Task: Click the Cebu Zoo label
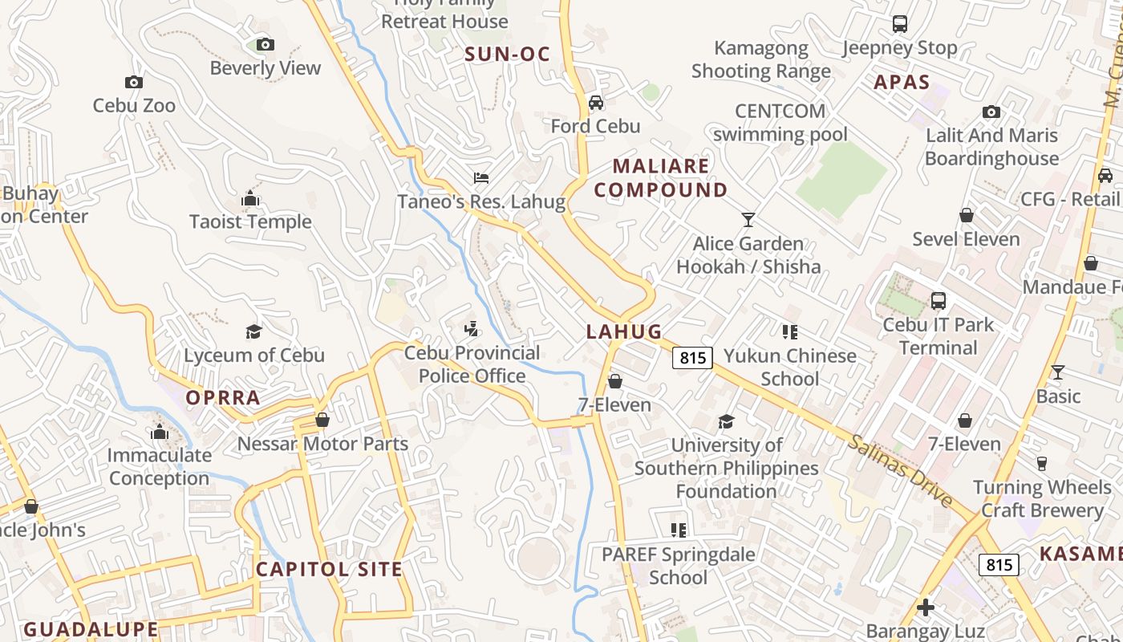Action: [134, 105]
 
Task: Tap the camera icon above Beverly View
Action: [266, 45]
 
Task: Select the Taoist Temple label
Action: [250, 221]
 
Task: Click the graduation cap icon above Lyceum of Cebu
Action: [254, 331]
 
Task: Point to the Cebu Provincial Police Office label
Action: [472, 364]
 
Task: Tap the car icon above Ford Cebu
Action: [595, 103]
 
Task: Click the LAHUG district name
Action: [624, 331]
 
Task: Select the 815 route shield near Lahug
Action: [692, 357]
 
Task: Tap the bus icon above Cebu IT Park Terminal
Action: [938, 302]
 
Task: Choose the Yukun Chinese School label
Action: [790, 367]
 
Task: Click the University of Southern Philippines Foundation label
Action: [727, 468]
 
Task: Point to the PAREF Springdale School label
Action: [679, 566]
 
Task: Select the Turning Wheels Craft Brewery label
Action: [1042, 498]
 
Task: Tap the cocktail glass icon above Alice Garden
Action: [748, 219]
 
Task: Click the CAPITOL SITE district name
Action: [329, 570]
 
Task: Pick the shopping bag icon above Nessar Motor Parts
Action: [322, 420]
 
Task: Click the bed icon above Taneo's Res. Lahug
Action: [481, 177]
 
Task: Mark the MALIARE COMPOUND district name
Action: [661, 178]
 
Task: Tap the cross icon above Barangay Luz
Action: [926, 607]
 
